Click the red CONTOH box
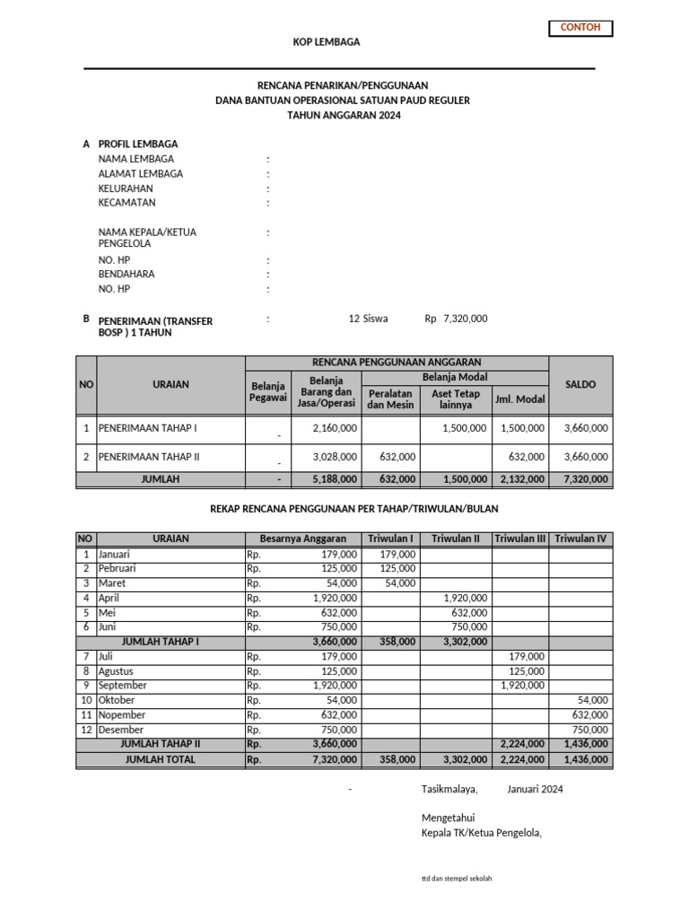(580, 28)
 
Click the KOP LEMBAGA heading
(327, 42)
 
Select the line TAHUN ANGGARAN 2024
(344, 116)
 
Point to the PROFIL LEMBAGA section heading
(137, 144)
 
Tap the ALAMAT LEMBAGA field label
(140, 174)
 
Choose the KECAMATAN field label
(126, 203)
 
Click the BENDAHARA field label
(126, 274)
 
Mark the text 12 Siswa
(368, 319)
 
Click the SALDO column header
(580, 384)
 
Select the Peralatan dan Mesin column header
(390, 399)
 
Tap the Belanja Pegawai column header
(268, 392)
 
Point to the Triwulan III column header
(520, 538)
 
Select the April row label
(109, 598)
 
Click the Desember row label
(121, 730)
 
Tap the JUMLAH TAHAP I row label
(161, 642)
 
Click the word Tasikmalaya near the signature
(449, 790)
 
